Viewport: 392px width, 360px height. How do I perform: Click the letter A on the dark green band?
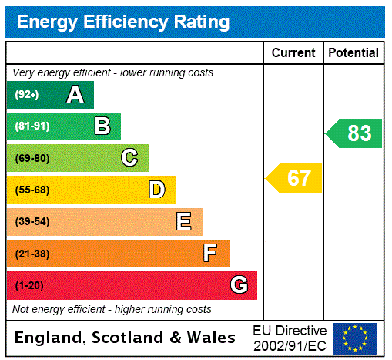75,95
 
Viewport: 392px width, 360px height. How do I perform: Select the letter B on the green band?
102,126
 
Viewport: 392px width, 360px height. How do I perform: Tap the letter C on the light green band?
129,158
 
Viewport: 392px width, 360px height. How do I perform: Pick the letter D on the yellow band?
156,190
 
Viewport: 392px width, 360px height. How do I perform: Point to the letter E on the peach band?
184,222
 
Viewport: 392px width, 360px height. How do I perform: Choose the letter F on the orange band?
210,253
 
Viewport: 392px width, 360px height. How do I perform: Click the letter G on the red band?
239,285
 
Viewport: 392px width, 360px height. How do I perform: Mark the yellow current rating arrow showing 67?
295,178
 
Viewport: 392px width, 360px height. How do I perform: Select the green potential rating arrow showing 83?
354,133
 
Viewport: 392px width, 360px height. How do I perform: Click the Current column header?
293,53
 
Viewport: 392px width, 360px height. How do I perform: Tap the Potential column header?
353,53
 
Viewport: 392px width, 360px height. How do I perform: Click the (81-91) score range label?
32,126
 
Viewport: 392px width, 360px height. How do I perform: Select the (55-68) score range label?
32,190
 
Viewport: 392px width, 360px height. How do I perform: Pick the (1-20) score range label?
29,285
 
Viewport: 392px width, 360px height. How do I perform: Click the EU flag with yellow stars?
355,338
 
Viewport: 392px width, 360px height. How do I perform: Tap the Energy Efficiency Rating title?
123,22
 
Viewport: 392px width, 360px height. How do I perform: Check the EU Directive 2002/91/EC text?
290,338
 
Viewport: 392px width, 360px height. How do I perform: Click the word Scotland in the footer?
132,338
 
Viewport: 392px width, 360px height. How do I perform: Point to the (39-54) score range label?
32,222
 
